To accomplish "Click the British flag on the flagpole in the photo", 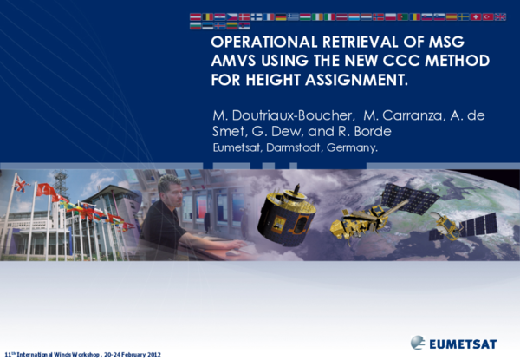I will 19,184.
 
